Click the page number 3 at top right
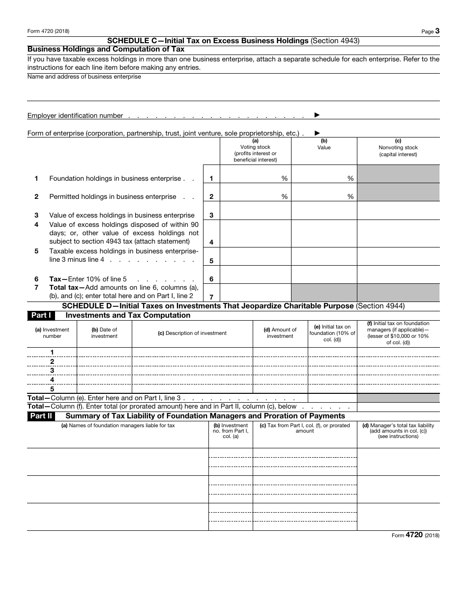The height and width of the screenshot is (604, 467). (x=437, y=31)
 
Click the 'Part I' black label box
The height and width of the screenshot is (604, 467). (x=41, y=316)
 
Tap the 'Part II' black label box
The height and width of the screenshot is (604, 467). (x=41, y=416)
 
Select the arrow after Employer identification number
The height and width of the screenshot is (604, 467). (x=317, y=115)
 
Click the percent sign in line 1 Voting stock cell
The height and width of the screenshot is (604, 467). (x=284, y=179)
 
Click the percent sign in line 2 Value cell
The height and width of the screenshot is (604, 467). (x=350, y=197)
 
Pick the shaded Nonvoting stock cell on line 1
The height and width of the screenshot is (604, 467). (x=398, y=174)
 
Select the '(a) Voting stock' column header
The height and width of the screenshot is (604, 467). (x=255, y=150)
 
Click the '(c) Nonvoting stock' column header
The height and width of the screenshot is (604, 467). (x=398, y=147)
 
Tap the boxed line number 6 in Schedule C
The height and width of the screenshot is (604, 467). (x=211, y=279)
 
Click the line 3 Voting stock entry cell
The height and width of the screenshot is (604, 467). (x=255, y=211)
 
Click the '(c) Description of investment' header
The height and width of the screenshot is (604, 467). (x=192, y=333)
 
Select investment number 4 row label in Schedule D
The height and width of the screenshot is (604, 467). (x=52, y=380)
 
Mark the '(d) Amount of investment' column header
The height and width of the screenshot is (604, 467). (x=280, y=333)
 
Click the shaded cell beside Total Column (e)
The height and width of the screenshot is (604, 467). (x=398, y=398)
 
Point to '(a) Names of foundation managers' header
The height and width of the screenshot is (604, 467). (x=118, y=426)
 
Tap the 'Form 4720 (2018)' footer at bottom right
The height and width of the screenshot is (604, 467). (x=415, y=536)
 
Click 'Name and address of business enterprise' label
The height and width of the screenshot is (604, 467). (x=84, y=77)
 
